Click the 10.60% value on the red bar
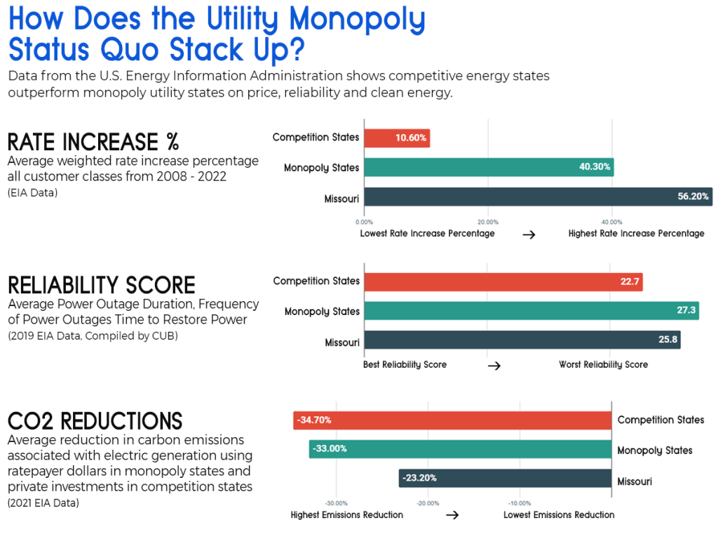(411, 138)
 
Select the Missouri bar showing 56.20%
(538, 197)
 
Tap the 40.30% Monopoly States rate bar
(489, 168)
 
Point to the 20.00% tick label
(488, 221)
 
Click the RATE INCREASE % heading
(93, 142)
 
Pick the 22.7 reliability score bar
(503, 281)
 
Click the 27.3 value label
(687, 311)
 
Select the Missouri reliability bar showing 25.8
(522, 340)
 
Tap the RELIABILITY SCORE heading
(102, 285)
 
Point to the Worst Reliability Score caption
(603, 365)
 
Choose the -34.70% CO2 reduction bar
(452, 420)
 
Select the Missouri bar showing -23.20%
(505, 479)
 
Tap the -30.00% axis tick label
(337, 503)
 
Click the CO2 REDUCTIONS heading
(95, 421)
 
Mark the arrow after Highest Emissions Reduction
(453, 515)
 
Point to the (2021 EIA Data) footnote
(43, 503)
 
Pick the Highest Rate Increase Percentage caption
(636, 234)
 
